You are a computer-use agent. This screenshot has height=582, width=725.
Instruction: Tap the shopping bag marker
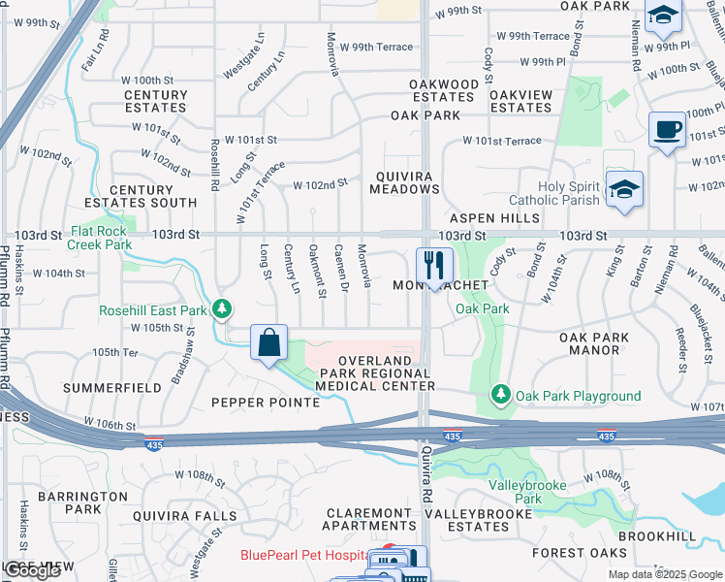coord(269,342)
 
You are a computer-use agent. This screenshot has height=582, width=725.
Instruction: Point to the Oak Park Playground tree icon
coord(501,395)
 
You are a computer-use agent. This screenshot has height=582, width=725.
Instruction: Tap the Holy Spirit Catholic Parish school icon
coord(624,189)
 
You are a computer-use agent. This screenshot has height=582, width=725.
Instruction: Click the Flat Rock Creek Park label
coord(101,239)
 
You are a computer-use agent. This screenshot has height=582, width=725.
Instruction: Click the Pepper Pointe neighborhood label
coord(266,402)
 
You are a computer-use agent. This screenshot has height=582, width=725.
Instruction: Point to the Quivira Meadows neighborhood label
coord(405,182)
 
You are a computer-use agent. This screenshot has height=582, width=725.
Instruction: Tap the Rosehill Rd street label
coord(214,161)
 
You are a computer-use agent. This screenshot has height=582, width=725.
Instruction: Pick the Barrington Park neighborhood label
coord(82,502)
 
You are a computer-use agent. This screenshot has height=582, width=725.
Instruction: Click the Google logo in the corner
coord(32,571)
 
